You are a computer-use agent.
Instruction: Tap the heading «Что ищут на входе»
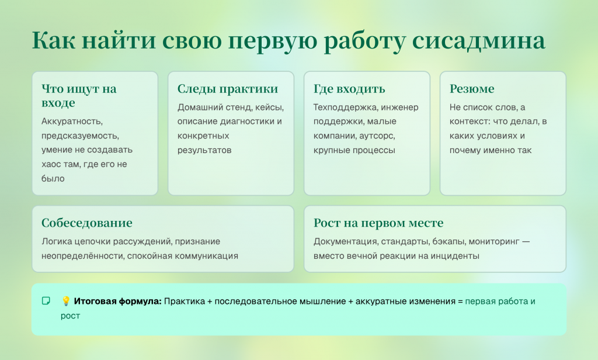point(79,96)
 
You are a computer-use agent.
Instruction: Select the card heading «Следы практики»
point(227,89)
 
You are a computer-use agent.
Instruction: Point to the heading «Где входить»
point(349,89)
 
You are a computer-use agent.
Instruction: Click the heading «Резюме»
point(471,89)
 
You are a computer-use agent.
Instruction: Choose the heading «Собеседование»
point(86,223)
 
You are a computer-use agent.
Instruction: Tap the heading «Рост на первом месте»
point(378,223)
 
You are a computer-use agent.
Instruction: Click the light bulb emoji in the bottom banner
point(66,301)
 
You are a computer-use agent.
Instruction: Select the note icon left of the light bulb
point(46,301)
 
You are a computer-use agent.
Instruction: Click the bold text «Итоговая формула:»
point(117,301)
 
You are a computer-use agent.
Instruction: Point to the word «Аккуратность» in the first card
point(72,122)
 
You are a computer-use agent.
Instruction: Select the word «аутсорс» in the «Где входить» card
point(378,136)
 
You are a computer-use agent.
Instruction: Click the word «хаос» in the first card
point(51,165)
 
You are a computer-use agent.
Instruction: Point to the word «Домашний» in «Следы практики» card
point(199,108)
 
